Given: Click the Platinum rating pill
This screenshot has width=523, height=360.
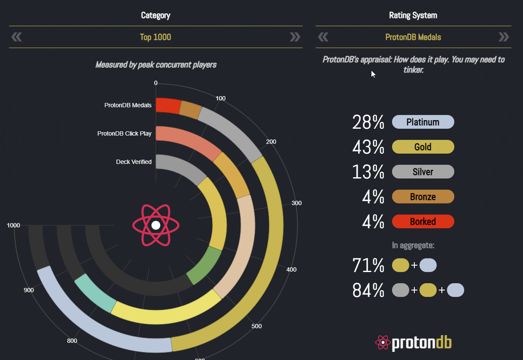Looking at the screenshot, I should pyautogui.click(x=423, y=122).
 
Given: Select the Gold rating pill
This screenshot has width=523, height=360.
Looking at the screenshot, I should pyautogui.click(x=423, y=147).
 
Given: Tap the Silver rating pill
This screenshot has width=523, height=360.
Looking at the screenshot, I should pyautogui.click(x=423, y=172).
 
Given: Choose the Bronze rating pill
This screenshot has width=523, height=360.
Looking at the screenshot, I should pyautogui.click(x=423, y=197).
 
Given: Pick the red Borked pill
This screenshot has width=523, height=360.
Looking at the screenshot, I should pyautogui.click(x=423, y=221).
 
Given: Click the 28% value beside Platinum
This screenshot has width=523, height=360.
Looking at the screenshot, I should pyautogui.click(x=368, y=122).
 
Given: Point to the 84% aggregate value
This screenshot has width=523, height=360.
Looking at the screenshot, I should pyautogui.click(x=368, y=290).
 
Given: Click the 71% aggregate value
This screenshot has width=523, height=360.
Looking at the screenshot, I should pyautogui.click(x=368, y=266).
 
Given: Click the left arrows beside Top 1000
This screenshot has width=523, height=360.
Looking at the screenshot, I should pyautogui.click(x=16, y=37).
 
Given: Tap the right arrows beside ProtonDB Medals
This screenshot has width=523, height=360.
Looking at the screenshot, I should pyautogui.click(x=503, y=37).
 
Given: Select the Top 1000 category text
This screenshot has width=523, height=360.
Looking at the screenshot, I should pyautogui.click(x=155, y=37).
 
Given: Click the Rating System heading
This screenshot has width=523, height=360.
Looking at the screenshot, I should pyautogui.click(x=413, y=15).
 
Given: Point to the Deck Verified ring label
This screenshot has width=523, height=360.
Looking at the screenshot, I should pyautogui.click(x=134, y=162).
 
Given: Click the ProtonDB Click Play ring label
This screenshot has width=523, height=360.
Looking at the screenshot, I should pyautogui.click(x=125, y=133).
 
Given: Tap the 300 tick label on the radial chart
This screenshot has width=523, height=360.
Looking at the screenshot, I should pyautogui.click(x=296, y=203).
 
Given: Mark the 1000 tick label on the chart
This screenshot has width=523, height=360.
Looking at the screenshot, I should pyautogui.click(x=13, y=225).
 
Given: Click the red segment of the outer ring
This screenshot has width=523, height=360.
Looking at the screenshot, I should pyautogui.click(x=167, y=106).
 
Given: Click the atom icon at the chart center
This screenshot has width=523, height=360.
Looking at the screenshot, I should pyautogui.click(x=156, y=225).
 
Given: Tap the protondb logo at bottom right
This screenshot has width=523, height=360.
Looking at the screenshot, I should pyautogui.click(x=413, y=342).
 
